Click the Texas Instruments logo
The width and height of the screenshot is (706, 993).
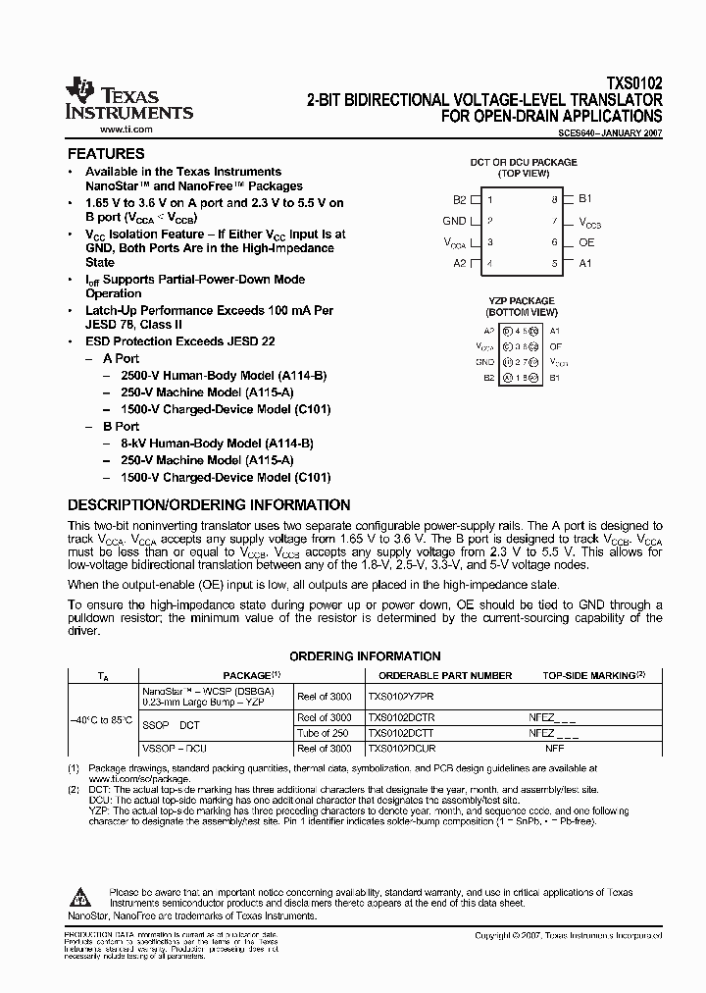tap(127, 99)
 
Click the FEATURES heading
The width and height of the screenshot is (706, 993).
tap(105, 154)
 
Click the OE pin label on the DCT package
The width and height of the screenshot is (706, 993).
tap(585, 242)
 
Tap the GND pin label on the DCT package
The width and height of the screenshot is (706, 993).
tap(454, 222)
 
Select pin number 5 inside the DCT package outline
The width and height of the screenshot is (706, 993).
tap(554, 263)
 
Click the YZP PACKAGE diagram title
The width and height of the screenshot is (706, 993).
tap(522, 301)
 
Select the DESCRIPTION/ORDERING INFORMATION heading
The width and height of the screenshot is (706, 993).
tap(208, 505)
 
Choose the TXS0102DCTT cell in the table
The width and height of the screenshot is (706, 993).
tap(400, 733)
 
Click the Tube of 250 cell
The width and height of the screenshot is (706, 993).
tap(323, 733)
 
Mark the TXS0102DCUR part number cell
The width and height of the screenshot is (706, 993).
tap(400, 749)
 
